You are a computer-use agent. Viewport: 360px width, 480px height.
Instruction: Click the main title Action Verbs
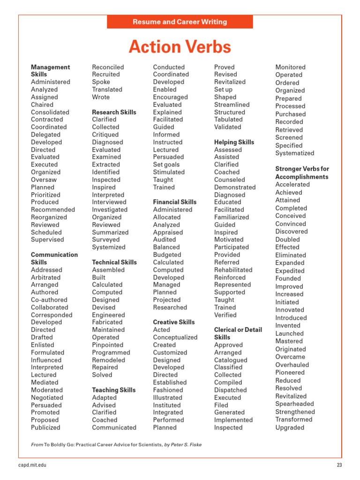click(x=180, y=47)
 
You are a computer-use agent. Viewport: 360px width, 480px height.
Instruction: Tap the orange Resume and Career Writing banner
click(x=180, y=22)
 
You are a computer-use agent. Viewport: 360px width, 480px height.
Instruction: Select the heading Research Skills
click(x=114, y=112)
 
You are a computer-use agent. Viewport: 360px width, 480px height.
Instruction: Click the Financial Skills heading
click(x=174, y=202)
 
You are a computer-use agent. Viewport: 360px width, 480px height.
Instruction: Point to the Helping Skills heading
click(x=234, y=142)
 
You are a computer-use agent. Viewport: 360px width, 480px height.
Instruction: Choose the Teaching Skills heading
click(x=113, y=390)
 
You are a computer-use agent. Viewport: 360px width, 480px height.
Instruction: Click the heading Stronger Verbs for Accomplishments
click(x=302, y=172)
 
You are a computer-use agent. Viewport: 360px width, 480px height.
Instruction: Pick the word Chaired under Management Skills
click(x=42, y=105)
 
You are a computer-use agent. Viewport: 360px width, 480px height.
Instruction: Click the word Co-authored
click(x=49, y=300)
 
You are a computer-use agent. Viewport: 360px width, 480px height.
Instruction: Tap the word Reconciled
click(x=108, y=67)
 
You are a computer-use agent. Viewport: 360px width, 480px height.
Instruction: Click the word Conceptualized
click(x=175, y=337)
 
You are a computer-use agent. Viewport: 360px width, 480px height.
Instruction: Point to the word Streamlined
click(x=232, y=105)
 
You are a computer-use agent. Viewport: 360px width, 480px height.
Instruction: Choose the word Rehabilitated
click(x=233, y=270)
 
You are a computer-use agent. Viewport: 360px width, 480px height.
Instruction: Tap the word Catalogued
click(x=231, y=360)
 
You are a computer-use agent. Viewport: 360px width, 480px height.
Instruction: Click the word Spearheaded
click(x=294, y=404)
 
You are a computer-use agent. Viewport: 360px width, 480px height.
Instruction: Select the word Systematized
click(x=294, y=153)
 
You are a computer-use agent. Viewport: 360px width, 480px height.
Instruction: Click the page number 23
click(x=339, y=465)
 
